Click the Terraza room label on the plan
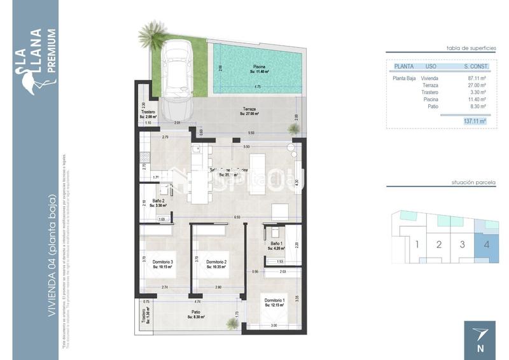[249, 111]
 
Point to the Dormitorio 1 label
[274, 303]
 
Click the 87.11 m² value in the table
[476, 78]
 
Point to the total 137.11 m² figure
[475, 120]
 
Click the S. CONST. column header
[475, 66]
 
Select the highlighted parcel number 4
[486, 244]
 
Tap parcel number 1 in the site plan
[416, 244]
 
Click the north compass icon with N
[480, 340]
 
